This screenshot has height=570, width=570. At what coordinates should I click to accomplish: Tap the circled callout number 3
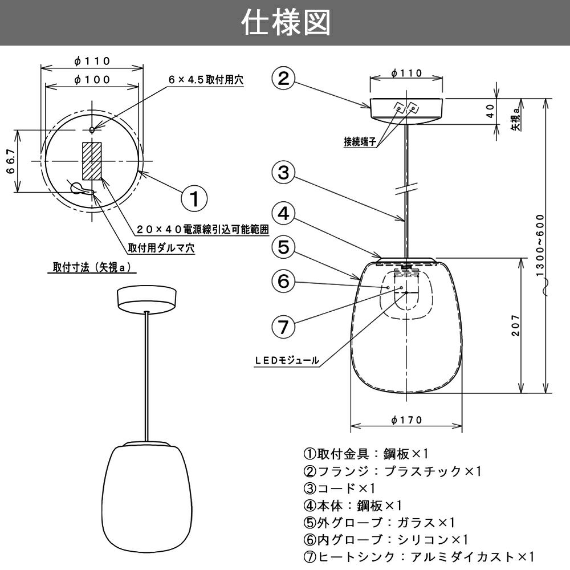(x=283, y=172)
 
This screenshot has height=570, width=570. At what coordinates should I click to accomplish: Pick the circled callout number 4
(x=283, y=214)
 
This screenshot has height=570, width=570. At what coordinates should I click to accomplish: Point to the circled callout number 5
(x=283, y=247)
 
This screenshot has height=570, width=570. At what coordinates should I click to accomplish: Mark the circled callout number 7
(x=283, y=326)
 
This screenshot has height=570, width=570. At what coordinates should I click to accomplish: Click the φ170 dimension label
(x=407, y=420)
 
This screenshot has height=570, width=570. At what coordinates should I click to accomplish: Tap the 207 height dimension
(x=515, y=325)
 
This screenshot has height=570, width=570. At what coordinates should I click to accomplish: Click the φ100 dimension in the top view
(x=92, y=80)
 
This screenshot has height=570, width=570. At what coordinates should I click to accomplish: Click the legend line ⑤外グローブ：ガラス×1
(x=379, y=522)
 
